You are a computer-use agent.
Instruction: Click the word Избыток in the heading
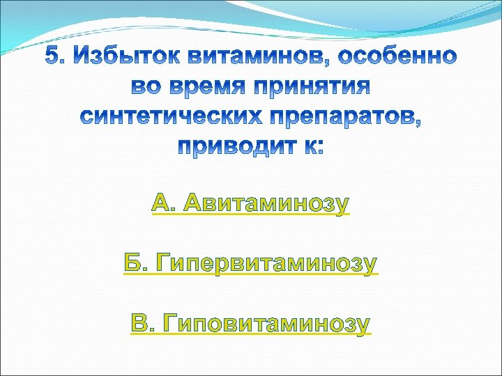click(120, 55)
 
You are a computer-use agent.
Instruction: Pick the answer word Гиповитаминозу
click(266, 323)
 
